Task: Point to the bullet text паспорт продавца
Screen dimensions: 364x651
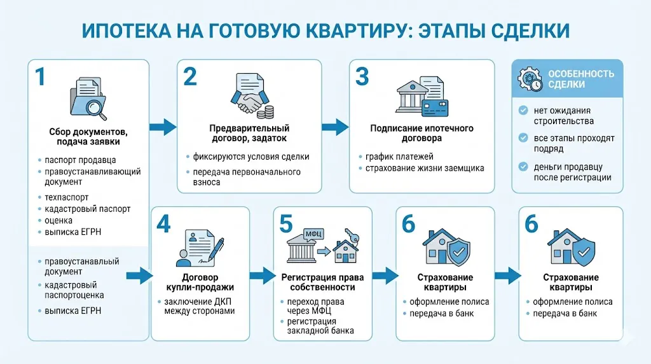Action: (80, 160)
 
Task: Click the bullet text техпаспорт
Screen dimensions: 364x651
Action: (67, 197)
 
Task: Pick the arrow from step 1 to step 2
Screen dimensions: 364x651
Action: (163, 127)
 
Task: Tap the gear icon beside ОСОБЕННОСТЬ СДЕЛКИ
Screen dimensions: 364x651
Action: (530, 78)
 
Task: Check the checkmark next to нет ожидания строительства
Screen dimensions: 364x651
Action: (523, 110)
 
